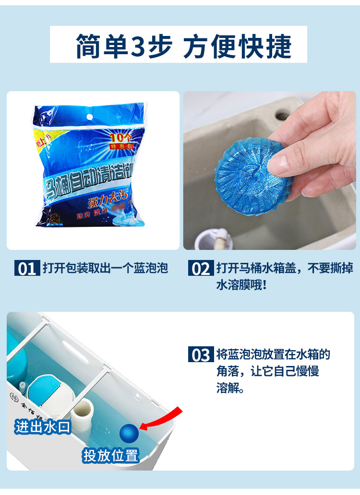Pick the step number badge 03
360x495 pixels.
(201, 355)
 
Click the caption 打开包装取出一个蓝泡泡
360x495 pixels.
(105, 268)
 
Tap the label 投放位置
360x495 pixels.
(111, 455)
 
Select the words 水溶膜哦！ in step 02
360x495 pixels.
(241, 284)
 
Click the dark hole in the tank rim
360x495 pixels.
(282, 116)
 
